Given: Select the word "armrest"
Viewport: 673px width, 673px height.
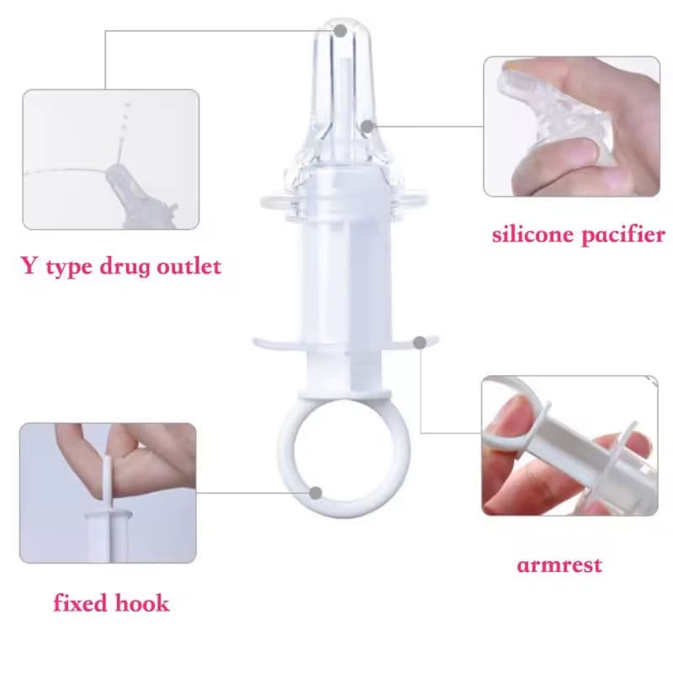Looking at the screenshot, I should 559,564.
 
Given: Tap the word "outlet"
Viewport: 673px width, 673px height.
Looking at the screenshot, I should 191,268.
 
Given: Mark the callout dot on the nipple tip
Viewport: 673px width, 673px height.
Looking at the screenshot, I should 340,30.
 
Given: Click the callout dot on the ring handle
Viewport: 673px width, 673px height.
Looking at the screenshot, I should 317,492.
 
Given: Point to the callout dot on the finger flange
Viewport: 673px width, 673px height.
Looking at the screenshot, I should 419,342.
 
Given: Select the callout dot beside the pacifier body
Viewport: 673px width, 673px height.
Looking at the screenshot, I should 367,126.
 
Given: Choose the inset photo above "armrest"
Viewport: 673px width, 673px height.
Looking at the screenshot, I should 570,445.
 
